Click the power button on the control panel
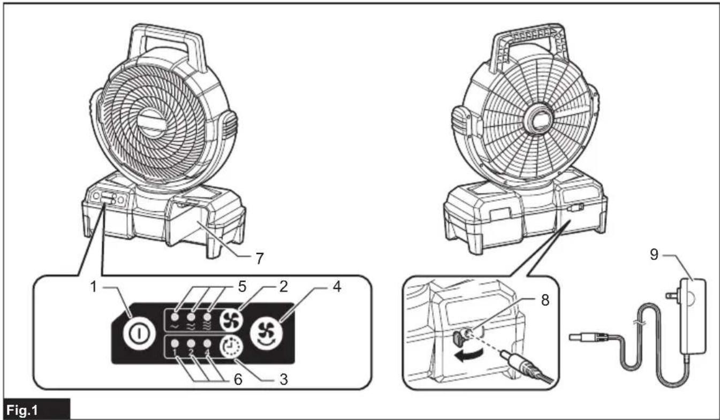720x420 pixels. pyautogui.click(x=139, y=333)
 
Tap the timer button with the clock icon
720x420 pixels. pyautogui.click(x=231, y=347)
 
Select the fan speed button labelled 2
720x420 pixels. pyautogui.click(x=231, y=320)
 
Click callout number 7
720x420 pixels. pyautogui.click(x=260, y=258)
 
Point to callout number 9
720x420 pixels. pyautogui.click(x=654, y=255)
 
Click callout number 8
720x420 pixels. pyautogui.click(x=545, y=301)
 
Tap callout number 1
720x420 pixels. pyautogui.click(x=94, y=287)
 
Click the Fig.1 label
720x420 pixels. pyautogui.click(x=22, y=410)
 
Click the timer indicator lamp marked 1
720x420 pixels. pyautogui.click(x=175, y=343)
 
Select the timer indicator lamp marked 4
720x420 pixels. pyautogui.click(x=207, y=343)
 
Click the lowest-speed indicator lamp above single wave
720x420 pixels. pyautogui.click(x=175, y=317)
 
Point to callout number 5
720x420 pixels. pyautogui.click(x=242, y=287)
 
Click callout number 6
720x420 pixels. pyautogui.click(x=238, y=379)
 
